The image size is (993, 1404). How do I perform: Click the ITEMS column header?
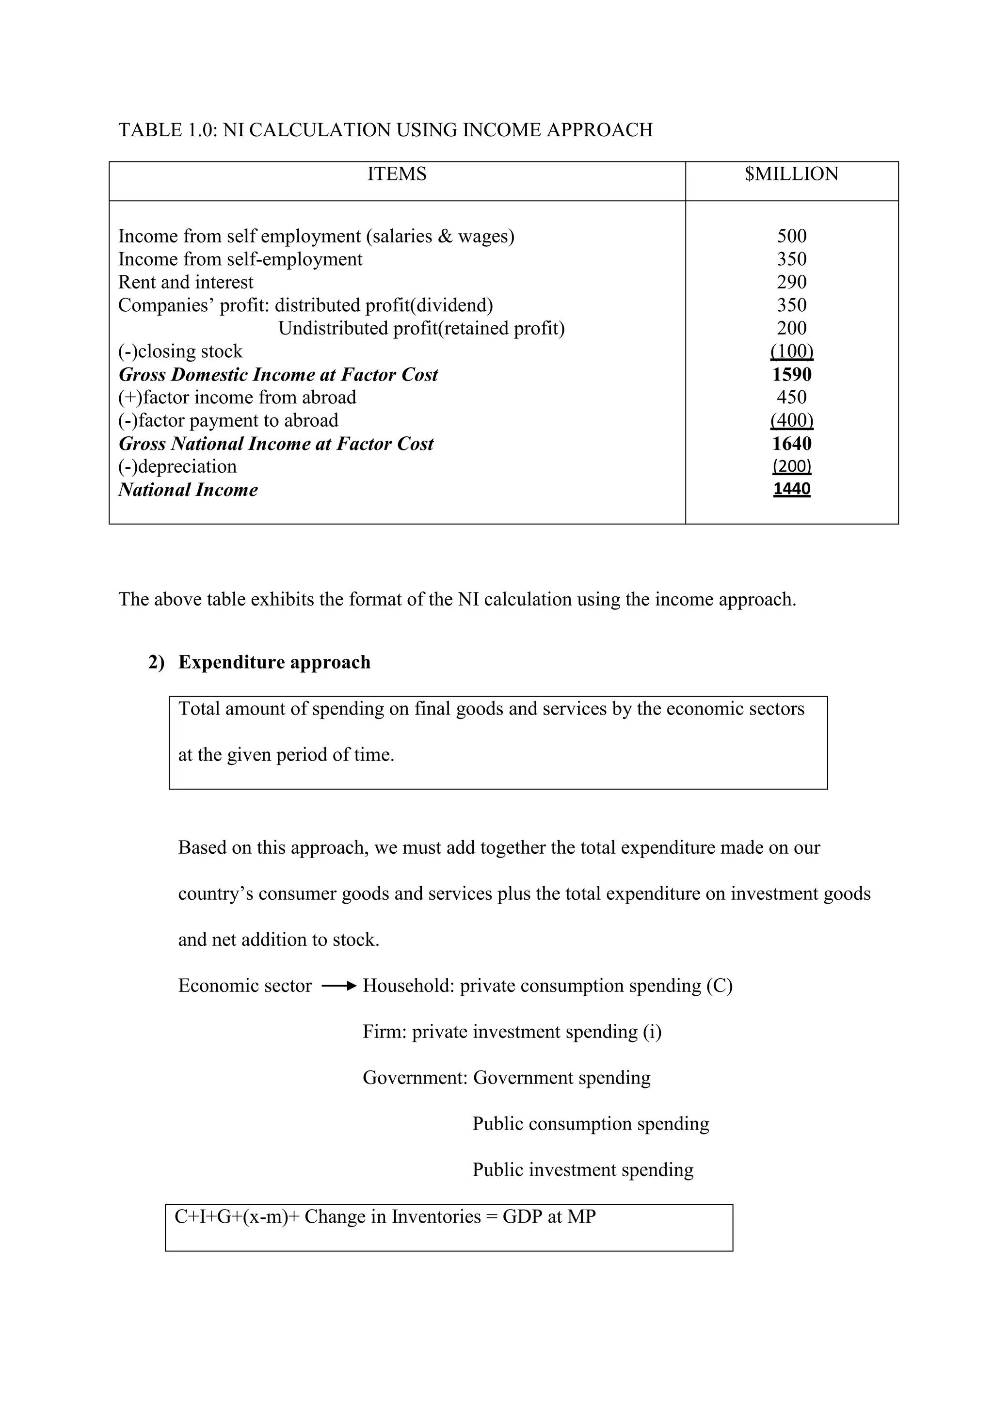tap(397, 174)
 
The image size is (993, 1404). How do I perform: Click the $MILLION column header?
tap(791, 174)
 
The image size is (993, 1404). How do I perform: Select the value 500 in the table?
tap(791, 236)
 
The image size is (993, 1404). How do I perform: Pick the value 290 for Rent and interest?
tap(791, 282)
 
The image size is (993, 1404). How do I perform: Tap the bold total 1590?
tap(791, 374)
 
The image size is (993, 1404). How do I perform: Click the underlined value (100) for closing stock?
tap(791, 351)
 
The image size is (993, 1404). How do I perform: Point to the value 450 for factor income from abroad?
tap(791, 398)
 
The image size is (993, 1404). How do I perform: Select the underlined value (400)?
tap(791, 420)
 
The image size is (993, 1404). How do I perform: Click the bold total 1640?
tap(791, 443)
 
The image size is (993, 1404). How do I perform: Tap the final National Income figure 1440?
tap(791, 489)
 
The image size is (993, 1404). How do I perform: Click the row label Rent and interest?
tap(185, 282)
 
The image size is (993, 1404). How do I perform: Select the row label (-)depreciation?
tap(177, 466)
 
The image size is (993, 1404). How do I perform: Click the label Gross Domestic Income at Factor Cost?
tap(278, 374)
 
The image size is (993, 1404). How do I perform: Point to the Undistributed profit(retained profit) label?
tap(421, 328)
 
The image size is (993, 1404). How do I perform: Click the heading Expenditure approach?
tap(274, 662)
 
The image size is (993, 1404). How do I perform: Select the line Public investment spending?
tap(583, 1170)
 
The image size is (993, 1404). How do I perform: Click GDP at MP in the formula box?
tap(548, 1217)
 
